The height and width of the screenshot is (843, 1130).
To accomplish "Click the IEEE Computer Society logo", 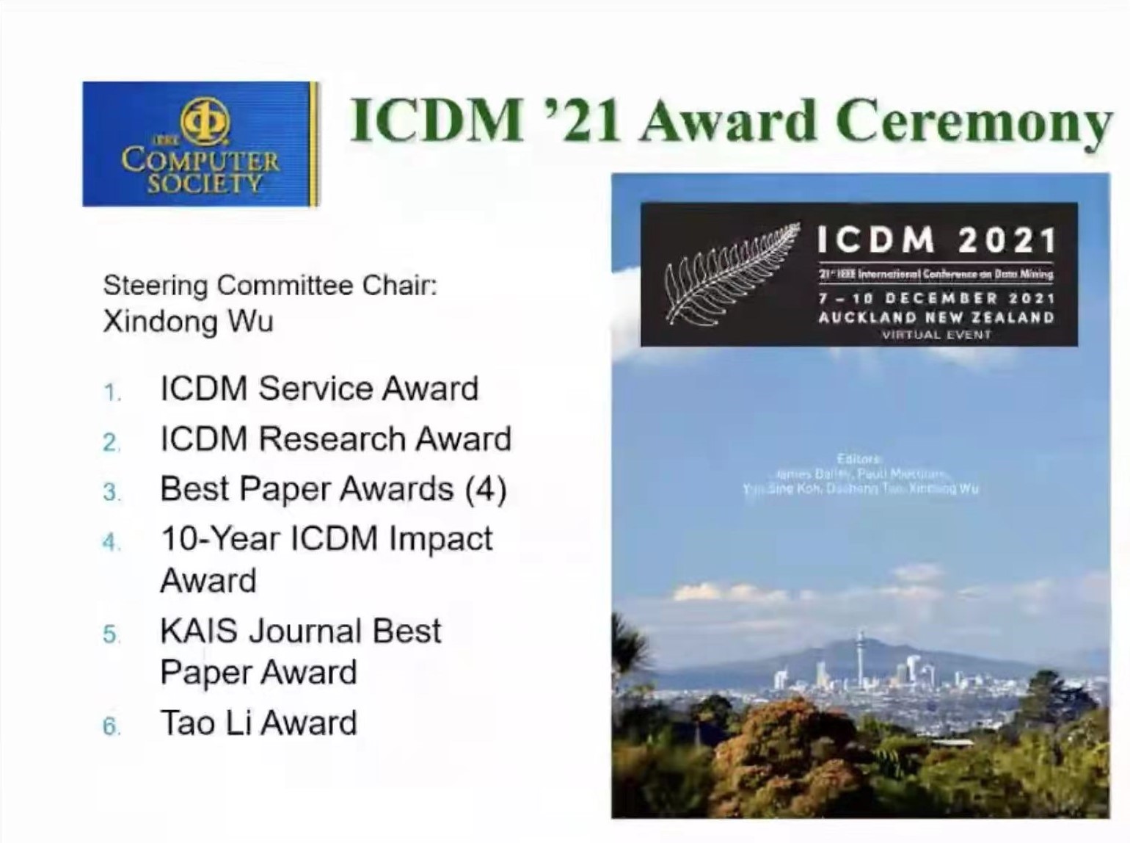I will [200, 144].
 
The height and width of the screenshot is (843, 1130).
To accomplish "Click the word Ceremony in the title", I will [972, 121].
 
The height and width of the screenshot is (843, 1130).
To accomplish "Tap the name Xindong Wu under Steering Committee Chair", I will [188, 322].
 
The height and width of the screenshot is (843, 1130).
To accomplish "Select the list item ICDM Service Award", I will [319, 388].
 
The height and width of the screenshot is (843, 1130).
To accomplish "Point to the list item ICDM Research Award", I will [335, 439].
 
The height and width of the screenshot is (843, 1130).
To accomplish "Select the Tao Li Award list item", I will [258, 723].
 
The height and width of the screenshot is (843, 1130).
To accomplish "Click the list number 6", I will [111, 727].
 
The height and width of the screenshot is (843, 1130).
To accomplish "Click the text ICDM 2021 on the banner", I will [936, 239].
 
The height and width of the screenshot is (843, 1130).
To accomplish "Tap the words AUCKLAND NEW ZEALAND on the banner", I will [936, 318].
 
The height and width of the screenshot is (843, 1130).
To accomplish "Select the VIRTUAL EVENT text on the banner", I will [936, 335].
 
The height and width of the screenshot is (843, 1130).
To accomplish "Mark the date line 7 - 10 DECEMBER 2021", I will [936, 299].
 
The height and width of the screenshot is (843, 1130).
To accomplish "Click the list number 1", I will [111, 393].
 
